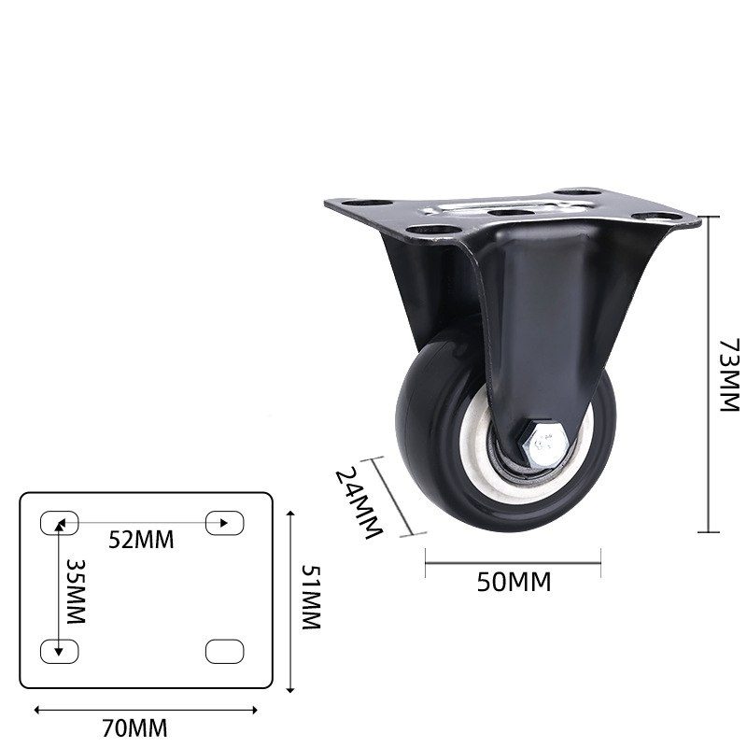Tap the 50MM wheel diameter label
pyautogui.click(x=514, y=583)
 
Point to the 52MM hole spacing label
pyautogui.click(x=141, y=539)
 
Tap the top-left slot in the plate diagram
pyautogui.click(x=59, y=522)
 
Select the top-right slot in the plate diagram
pyautogui.click(x=224, y=522)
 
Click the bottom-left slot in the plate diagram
pyautogui.click(x=59, y=651)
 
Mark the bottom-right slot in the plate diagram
pyautogui.click(x=224, y=651)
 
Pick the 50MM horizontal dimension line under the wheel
pyautogui.click(x=513, y=563)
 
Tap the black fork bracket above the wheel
pyautogui.click(x=542, y=308)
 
